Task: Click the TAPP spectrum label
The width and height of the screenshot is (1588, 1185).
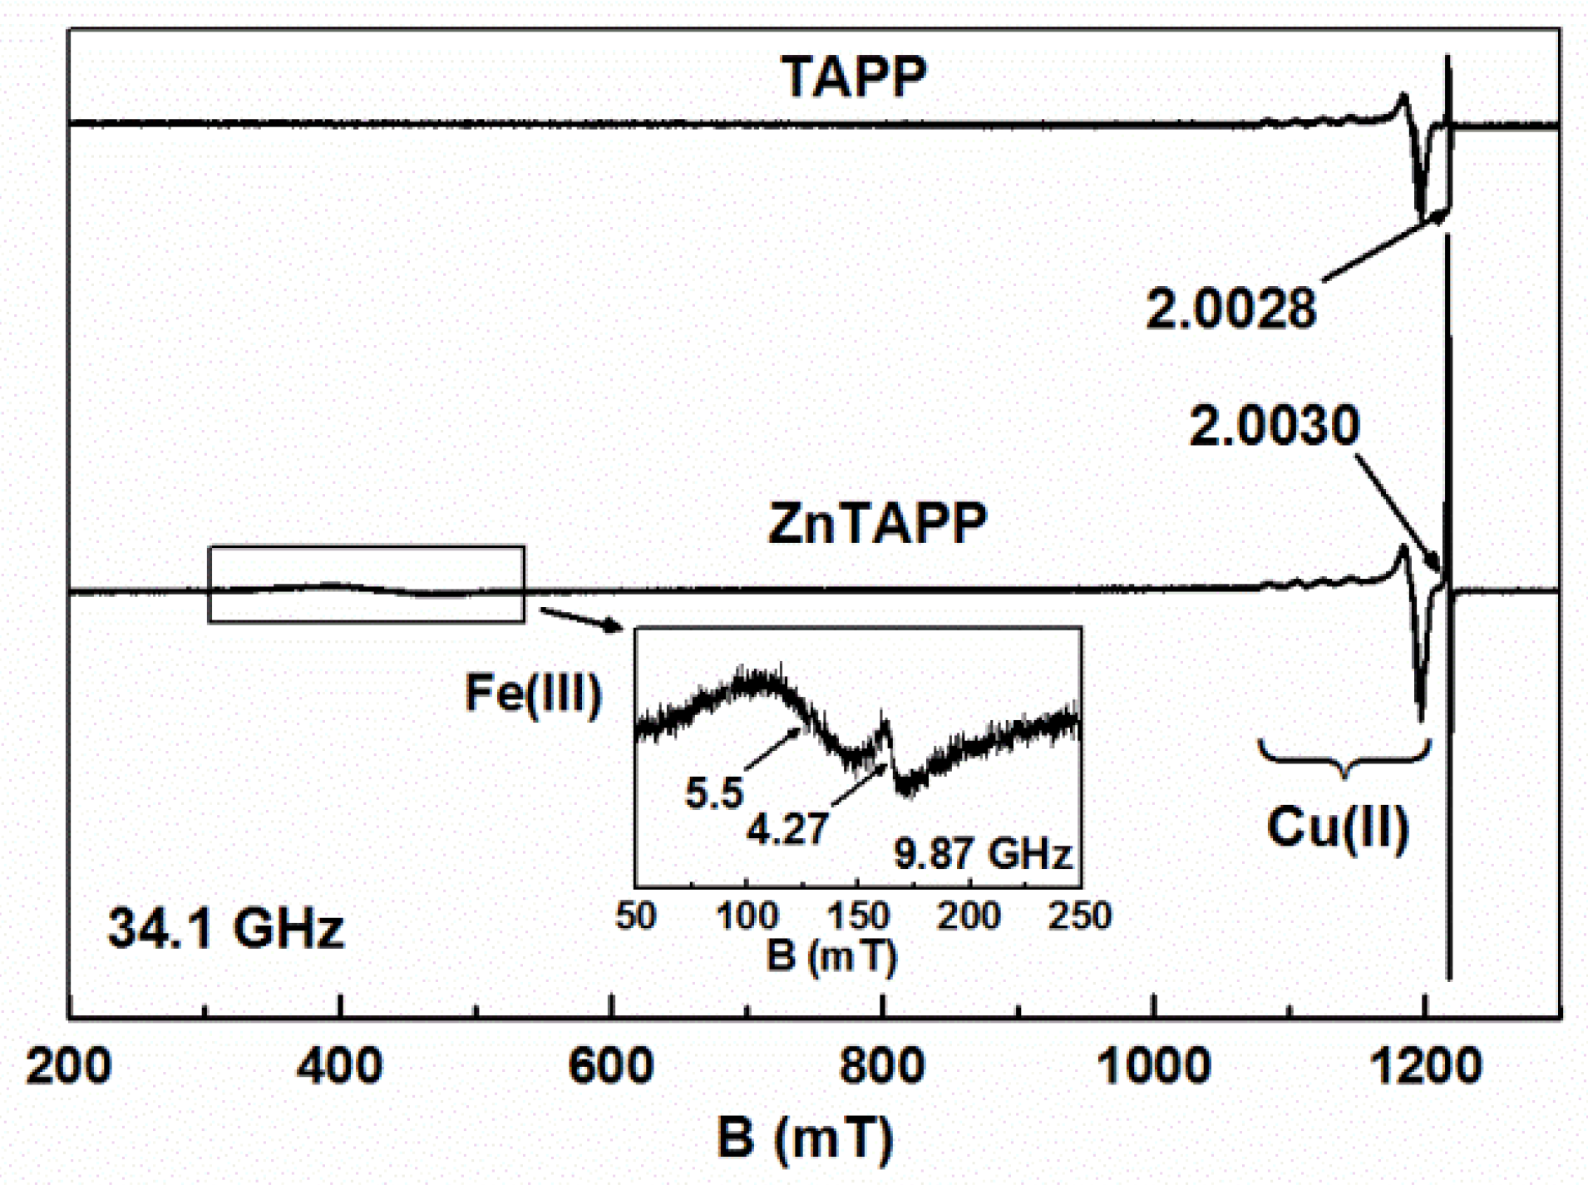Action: click(x=853, y=78)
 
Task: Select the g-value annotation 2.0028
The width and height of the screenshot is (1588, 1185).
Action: click(x=1230, y=309)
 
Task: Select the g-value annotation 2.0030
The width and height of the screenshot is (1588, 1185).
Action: click(x=1274, y=426)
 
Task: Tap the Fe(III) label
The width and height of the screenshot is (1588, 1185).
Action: click(x=533, y=693)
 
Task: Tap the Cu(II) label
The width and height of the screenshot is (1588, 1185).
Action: click(x=1337, y=827)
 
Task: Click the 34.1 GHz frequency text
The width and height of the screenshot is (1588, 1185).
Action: click(x=225, y=928)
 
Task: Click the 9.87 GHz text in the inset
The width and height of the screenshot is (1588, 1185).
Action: click(x=982, y=854)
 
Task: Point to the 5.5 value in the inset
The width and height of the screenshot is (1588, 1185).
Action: click(x=713, y=792)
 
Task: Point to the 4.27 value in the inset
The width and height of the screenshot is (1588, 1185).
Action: click(x=787, y=829)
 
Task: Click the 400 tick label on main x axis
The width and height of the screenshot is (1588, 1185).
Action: click(x=339, y=1065)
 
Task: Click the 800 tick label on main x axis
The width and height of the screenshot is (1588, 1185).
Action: click(x=881, y=1065)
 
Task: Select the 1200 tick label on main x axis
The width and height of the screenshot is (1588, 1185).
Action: click(x=1425, y=1065)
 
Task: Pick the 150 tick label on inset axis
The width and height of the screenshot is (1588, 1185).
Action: click(x=857, y=916)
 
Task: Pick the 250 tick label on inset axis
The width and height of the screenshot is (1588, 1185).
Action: click(x=1079, y=916)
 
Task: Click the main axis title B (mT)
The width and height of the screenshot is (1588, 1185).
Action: click(x=804, y=1137)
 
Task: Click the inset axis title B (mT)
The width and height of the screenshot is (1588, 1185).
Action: click(x=831, y=955)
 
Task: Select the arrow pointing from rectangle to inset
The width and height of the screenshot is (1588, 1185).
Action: click(x=580, y=620)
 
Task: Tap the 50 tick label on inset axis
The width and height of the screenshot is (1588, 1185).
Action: click(x=636, y=916)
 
